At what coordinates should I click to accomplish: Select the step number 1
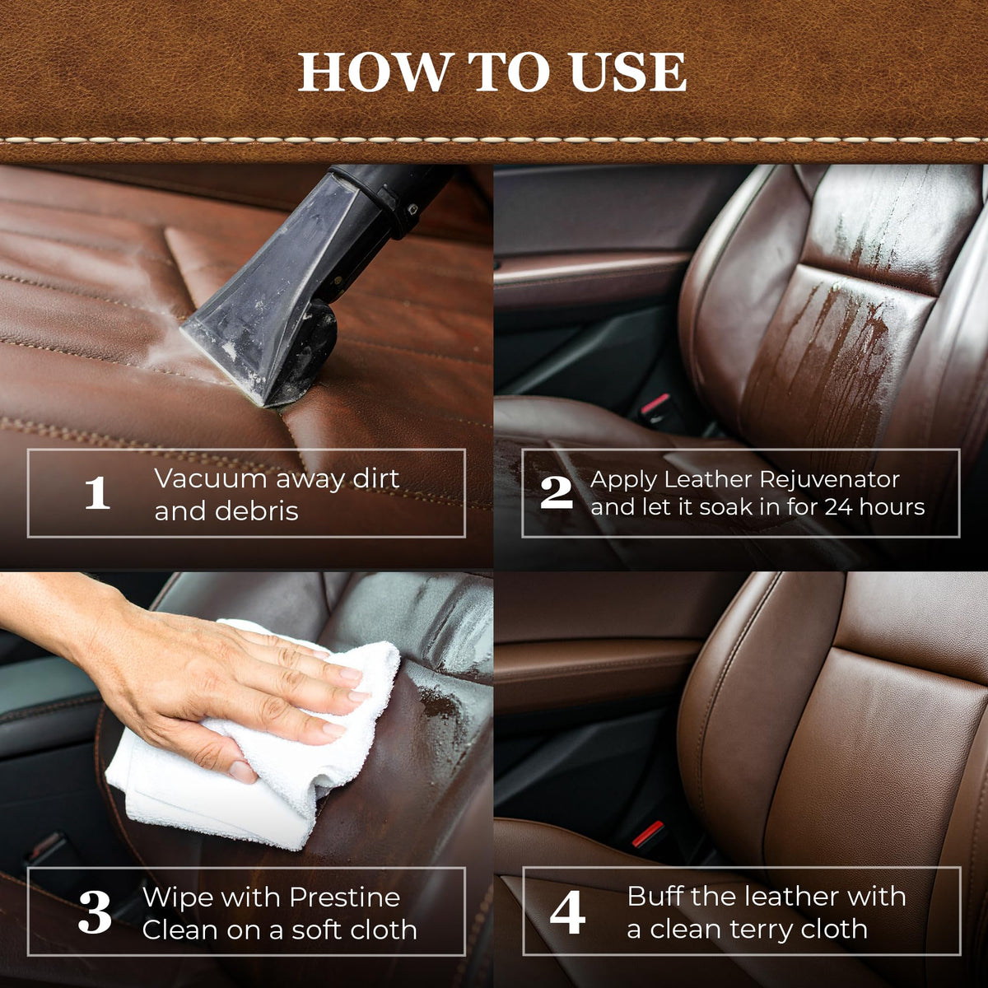pyautogui.click(x=97, y=492)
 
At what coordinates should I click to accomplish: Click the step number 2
pyautogui.click(x=557, y=492)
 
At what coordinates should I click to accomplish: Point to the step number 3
pyautogui.click(x=95, y=912)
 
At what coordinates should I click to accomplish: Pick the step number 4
pyautogui.click(x=567, y=912)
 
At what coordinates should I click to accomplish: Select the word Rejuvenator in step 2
pyautogui.click(x=829, y=480)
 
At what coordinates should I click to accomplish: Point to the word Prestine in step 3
pyautogui.click(x=344, y=897)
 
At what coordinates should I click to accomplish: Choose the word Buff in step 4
pyautogui.click(x=655, y=897)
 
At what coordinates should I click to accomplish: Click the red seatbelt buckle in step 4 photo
pyautogui.click(x=649, y=834)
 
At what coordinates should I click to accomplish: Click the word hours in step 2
pyautogui.click(x=892, y=508)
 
